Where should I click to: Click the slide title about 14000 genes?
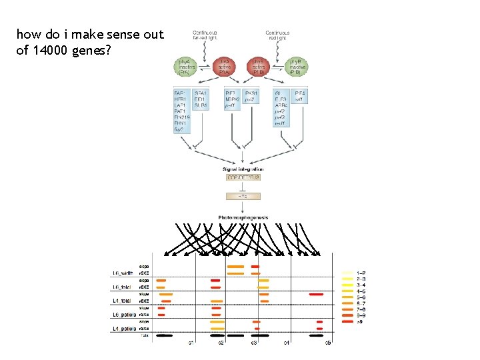click(89, 41)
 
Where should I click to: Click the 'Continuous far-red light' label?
click(204, 35)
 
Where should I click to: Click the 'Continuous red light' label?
click(277, 35)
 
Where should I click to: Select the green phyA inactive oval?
click(185, 67)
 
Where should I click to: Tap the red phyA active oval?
click(224, 67)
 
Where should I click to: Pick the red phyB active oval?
click(258, 67)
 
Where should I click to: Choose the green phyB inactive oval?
click(297, 67)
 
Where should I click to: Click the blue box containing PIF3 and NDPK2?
click(233, 99)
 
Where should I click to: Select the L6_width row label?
click(125, 272)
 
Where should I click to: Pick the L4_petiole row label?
click(125, 328)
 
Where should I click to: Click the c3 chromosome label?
click(254, 343)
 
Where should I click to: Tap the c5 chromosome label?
click(327, 343)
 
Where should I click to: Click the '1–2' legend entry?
click(361, 273)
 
